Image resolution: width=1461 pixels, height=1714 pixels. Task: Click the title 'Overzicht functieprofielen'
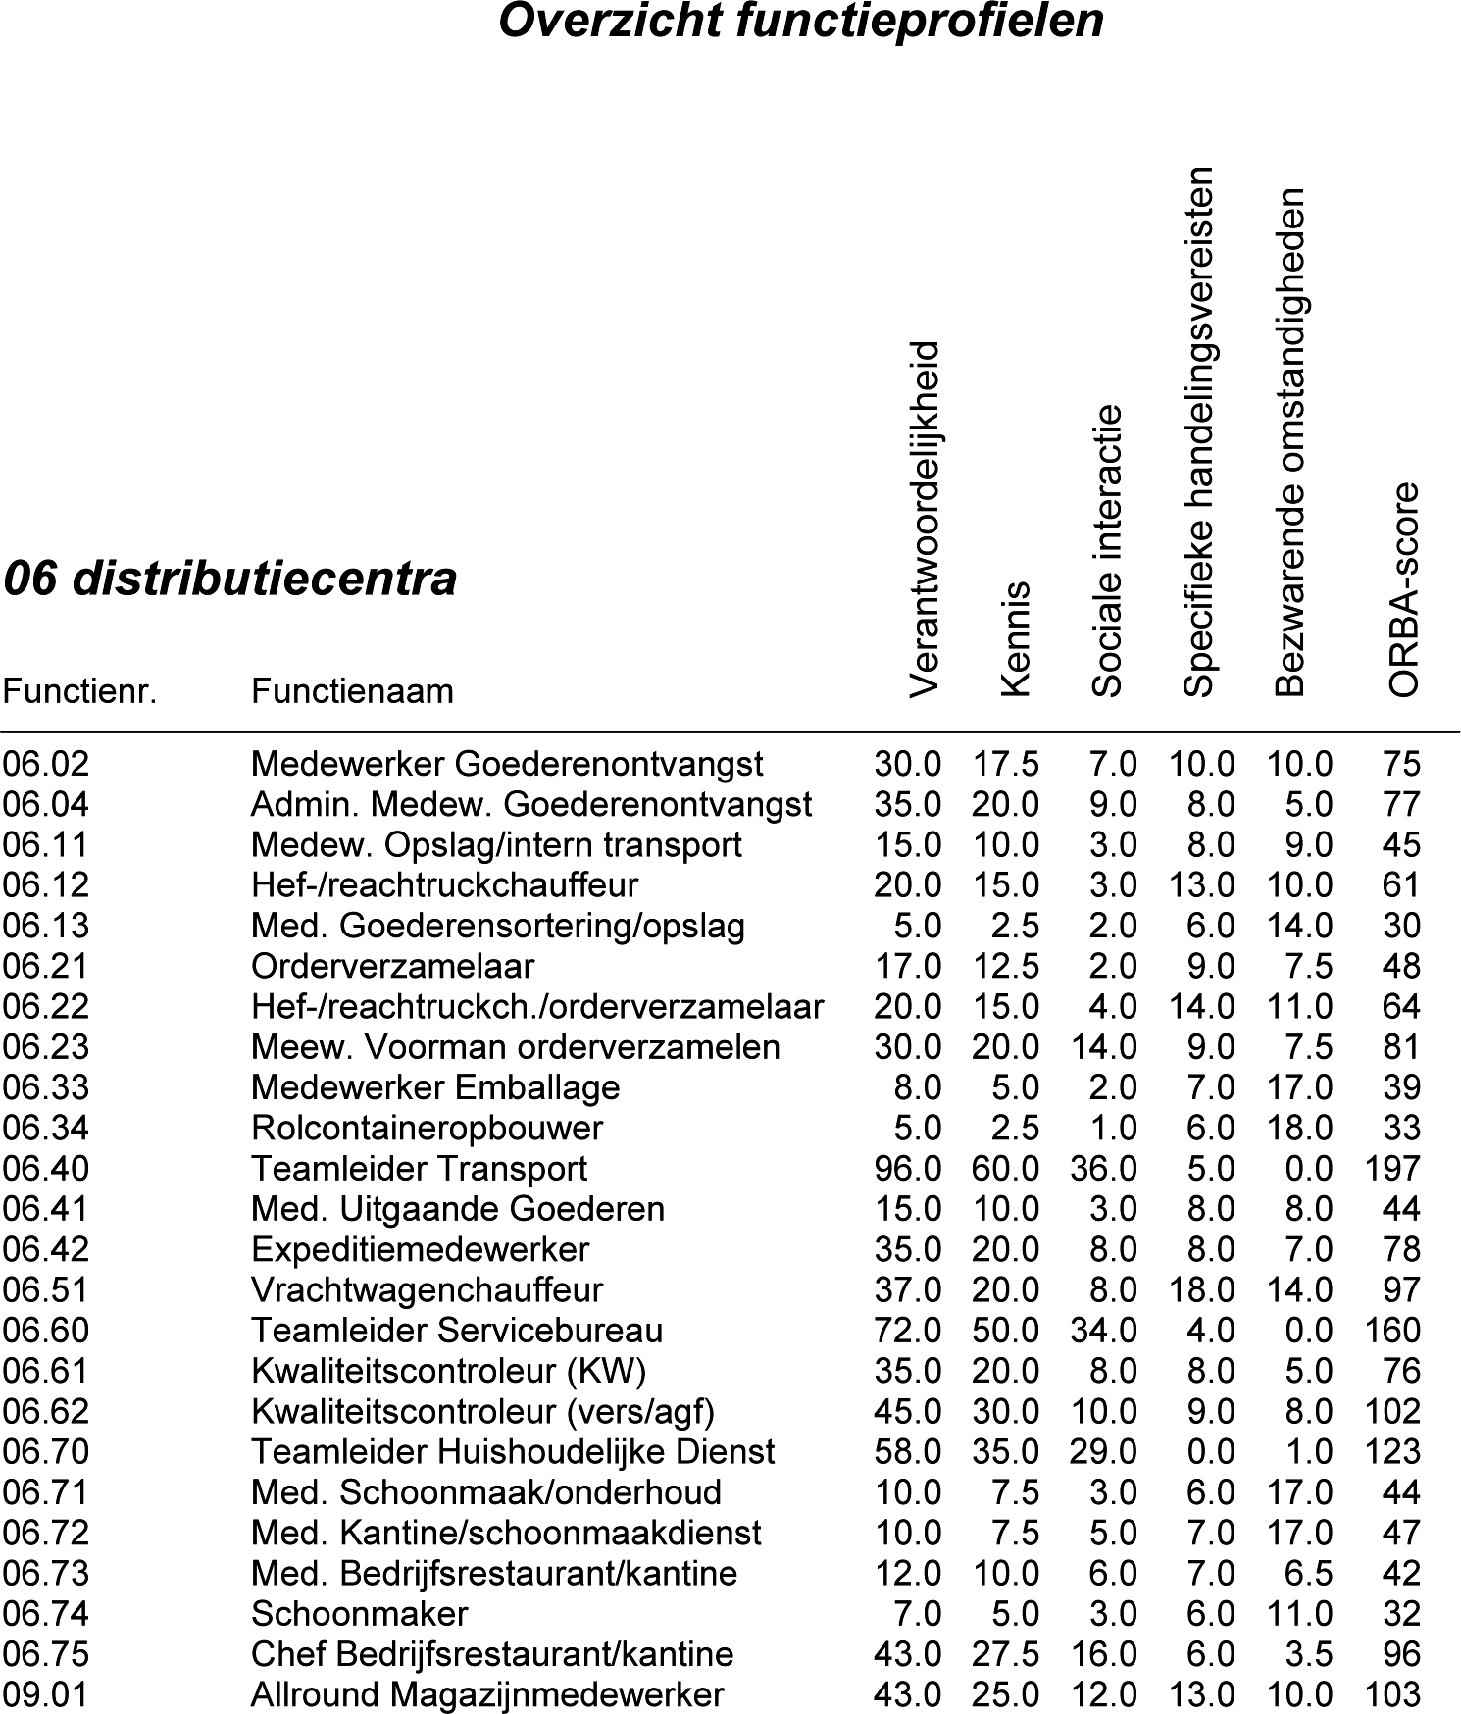800,22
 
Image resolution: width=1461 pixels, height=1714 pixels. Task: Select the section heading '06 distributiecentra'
229,579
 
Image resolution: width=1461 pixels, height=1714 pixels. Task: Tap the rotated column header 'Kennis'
1017,638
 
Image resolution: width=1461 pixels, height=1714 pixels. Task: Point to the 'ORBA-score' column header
1404,589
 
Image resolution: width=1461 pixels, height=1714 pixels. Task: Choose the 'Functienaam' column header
352,691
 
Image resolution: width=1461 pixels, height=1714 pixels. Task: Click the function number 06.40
45,1169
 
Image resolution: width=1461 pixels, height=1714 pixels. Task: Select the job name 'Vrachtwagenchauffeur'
427,1290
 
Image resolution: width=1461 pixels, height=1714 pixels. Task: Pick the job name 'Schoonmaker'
359,1614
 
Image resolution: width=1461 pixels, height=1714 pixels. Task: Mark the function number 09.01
45,1695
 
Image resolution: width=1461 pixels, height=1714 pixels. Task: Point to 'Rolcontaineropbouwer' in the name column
427,1129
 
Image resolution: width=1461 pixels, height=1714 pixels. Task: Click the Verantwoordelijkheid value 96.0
907,1169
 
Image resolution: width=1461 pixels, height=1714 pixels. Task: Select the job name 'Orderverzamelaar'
392,967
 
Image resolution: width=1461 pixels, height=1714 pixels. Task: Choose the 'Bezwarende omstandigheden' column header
1290,442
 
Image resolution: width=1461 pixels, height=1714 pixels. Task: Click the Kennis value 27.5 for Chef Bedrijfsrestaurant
1005,1654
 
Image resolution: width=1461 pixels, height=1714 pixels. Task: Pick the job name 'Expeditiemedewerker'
420,1250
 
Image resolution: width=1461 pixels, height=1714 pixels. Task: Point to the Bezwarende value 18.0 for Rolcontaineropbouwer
1299,1129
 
